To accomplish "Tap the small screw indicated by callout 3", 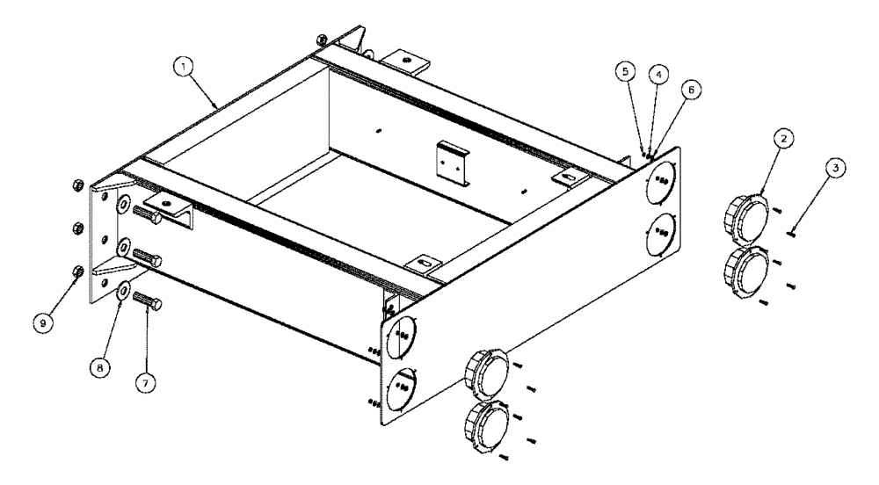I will pyautogui.click(x=792, y=232).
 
